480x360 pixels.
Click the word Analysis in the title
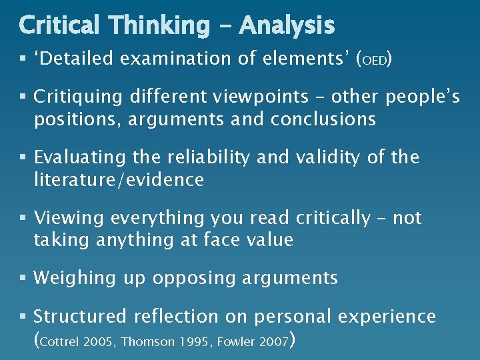287,26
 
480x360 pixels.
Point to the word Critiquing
78,98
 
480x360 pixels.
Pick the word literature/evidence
119,180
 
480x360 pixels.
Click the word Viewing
69,218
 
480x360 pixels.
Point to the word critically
332,218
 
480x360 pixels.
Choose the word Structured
83,317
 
